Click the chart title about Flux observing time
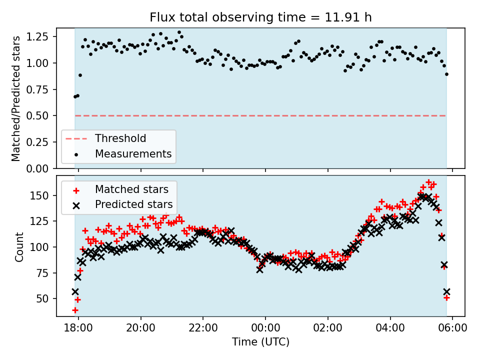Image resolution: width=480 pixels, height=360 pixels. [x=260, y=17]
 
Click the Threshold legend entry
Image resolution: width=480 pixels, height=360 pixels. [x=120, y=138]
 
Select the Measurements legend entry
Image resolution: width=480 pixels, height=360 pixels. [x=133, y=153]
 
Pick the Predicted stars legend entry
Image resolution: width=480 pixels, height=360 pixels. [x=134, y=204]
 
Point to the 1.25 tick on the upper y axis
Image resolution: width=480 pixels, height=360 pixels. [x=38, y=37]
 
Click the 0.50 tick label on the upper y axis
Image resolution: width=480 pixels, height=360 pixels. [x=38, y=116]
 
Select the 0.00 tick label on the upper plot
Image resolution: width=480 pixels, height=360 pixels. [x=38, y=168]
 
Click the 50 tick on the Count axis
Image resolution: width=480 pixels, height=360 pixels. [x=44, y=298]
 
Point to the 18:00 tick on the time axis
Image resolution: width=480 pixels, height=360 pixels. [x=78, y=328]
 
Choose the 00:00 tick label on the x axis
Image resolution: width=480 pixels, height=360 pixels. [x=265, y=328]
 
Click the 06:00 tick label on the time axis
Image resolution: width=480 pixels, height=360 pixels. [x=452, y=328]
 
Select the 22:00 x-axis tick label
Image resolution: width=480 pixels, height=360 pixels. [x=203, y=328]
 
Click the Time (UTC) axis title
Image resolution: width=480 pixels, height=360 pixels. [x=260, y=342]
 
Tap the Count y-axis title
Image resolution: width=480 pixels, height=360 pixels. [x=19, y=246]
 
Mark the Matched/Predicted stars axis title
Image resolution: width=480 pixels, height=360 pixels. [x=16, y=98]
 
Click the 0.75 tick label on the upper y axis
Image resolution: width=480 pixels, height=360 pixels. [x=38, y=89]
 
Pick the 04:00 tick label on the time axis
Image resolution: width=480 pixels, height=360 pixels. [x=390, y=328]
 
